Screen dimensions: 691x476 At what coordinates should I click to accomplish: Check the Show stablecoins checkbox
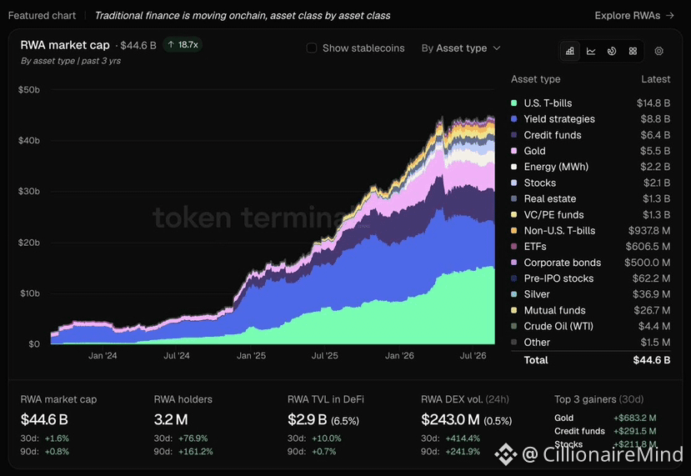coord(312,48)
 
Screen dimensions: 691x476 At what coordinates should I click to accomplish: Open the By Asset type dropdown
coord(461,48)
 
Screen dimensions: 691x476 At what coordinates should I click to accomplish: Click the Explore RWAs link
coord(634,16)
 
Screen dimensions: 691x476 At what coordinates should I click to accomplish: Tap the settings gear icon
coord(658,51)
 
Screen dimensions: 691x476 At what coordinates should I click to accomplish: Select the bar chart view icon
coord(570,51)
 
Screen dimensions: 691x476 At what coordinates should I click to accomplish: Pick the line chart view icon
coord(591,51)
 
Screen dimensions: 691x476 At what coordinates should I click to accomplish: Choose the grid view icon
coord(633,51)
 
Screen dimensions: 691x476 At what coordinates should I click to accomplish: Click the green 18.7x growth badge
coord(183,44)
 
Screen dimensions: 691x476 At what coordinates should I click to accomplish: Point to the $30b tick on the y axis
coord(28,191)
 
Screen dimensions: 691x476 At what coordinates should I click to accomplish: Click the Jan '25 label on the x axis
coord(251,356)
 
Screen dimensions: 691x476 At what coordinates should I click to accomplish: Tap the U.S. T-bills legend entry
coord(548,103)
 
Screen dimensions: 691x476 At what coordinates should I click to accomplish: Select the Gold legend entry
coord(534,151)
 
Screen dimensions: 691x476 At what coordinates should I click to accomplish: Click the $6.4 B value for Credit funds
coord(655,135)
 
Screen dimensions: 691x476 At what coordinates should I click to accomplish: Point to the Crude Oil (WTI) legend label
coord(558,326)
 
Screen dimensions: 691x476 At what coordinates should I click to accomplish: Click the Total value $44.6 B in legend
coord(652,360)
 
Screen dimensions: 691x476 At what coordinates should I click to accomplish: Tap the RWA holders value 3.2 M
coord(171,419)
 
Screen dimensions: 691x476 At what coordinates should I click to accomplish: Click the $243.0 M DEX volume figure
coord(450,419)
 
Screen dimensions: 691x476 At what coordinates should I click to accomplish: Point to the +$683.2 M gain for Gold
coord(634,418)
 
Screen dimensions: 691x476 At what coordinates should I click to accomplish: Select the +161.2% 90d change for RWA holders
coord(196,451)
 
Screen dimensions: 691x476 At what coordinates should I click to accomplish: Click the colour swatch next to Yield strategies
coord(513,119)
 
